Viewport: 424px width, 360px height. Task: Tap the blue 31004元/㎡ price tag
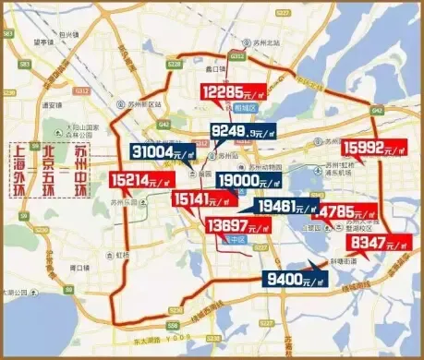point(164,150)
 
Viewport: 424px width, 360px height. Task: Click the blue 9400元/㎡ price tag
point(296,274)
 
